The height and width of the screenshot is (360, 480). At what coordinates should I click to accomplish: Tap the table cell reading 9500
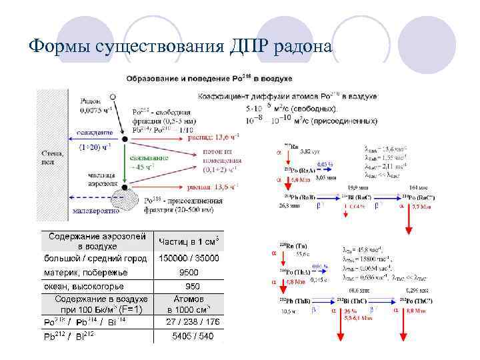click(x=189, y=272)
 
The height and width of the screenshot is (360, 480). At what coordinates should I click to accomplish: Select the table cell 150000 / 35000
click(x=189, y=258)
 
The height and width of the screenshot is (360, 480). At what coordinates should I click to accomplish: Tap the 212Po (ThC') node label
click(x=424, y=301)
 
